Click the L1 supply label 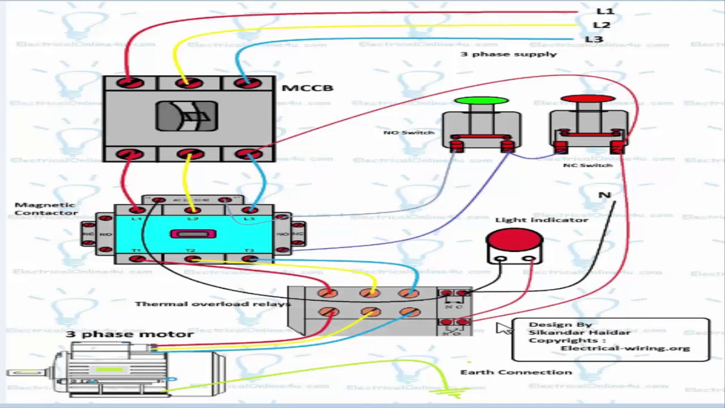[605, 11]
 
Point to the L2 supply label [602, 25]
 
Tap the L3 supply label [594, 39]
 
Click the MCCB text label [307, 88]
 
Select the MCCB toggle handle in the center [187, 117]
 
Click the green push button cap [481, 101]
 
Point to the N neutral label [604, 195]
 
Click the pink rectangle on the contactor [194, 233]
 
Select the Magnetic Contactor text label [46, 209]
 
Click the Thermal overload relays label [212, 304]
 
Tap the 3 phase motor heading [130, 334]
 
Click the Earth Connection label [516, 372]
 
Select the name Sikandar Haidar [579, 332]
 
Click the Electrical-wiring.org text [625, 348]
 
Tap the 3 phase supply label [508, 54]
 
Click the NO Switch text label [408, 132]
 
